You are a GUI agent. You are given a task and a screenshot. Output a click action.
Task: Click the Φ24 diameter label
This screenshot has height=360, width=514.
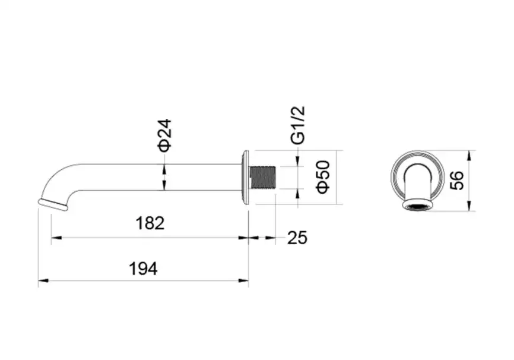point(164,135)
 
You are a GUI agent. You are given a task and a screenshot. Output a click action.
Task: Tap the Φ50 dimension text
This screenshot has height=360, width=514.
point(323,177)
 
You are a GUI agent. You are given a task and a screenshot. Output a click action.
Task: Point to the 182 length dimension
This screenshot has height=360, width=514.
point(150,223)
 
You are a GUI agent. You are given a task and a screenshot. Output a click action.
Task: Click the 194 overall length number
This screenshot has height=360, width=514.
point(143,269)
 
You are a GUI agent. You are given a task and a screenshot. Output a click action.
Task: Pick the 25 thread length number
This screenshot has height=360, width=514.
point(297,238)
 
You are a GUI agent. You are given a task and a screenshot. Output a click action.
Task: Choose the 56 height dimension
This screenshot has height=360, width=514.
point(457,180)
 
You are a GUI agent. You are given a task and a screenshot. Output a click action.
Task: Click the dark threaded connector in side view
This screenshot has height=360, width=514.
point(262,177)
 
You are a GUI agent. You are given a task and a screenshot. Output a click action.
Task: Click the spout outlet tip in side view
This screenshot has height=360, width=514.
point(53,204)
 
